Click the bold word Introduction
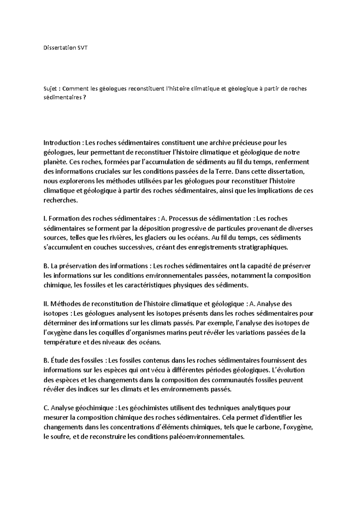pyautogui.click(x=62, y=142)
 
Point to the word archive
pyautogui.click(x=217, y=142)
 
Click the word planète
pyautogui.click(x=55, y=162)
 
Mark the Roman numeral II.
pyautogui.click(x=46, y=304)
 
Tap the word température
pyautogui.click(x=61, y=342)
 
